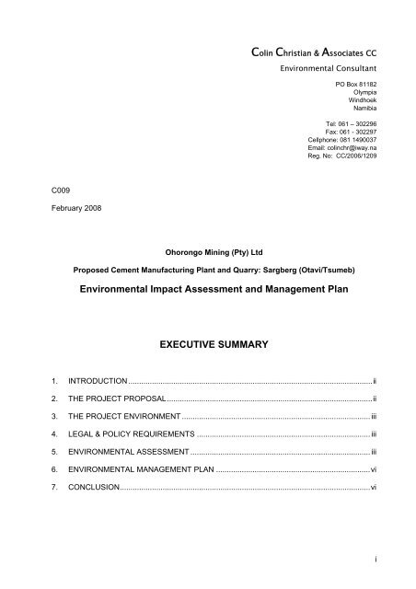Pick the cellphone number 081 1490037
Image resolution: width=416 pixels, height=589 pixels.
coord(346,140)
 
